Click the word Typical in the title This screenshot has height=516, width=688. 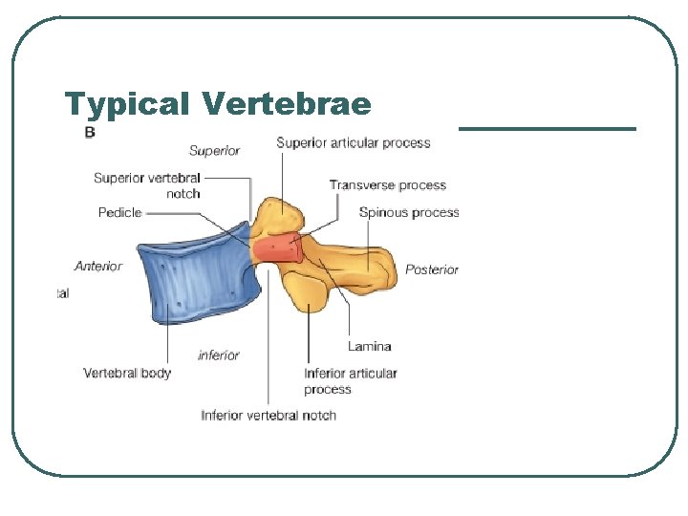tap(128, 103)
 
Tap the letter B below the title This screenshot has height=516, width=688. tap(90, 133)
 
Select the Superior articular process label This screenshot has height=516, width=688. tap(353, 143)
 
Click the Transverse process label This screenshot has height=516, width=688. tap(387, 184)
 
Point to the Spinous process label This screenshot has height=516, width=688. tap(408, 212)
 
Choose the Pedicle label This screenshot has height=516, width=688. tap(119, 212)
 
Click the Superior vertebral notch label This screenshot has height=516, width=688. tap(147, 185)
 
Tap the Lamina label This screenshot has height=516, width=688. tap(369, 346)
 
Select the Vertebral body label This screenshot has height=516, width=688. tap(127, 373)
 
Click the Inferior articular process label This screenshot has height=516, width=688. tap(350, 380)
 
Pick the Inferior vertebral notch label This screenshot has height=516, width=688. tap(269, 415)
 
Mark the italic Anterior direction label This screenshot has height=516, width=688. tap(98, 266)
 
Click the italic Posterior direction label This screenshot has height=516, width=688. tap(432, 269)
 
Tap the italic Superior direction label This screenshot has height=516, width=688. tap(214, 150)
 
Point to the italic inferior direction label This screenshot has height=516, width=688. tap(218, 355)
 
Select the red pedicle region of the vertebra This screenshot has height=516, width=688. tap(277, 250)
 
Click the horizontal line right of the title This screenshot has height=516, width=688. tap(547, 128)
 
